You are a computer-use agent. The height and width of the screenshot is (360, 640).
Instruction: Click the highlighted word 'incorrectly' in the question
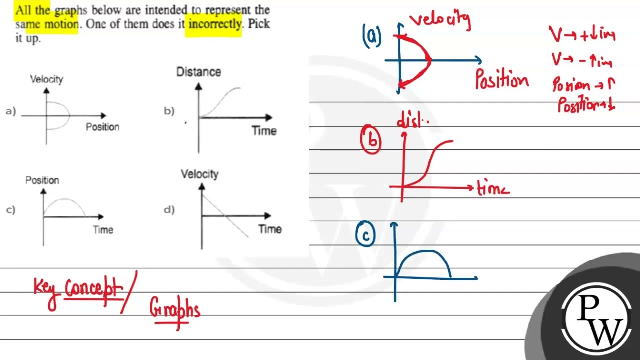point(213,24)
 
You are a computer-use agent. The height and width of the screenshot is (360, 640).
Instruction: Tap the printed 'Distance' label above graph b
point(198,72)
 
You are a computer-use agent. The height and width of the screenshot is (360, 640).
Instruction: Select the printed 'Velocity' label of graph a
point(46,79)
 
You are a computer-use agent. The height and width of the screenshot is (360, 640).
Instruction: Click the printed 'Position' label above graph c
point(42,180)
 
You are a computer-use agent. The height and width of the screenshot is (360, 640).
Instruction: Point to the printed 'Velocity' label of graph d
point(199,174)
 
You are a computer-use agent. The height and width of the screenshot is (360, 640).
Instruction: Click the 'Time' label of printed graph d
point(270,229)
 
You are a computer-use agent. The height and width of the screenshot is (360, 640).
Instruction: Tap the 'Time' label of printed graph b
point(264,131)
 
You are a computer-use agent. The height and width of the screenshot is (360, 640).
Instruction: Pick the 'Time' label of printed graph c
point(103,230)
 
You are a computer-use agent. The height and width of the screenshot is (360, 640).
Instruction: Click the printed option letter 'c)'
point(11,210)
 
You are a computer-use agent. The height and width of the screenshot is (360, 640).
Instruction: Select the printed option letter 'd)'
point(169,210)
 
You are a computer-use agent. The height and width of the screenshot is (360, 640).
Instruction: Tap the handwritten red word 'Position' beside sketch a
point(501,80)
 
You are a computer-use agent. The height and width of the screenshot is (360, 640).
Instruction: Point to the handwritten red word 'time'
point(493,189)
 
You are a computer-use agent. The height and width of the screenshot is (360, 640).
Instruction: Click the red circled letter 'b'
point(372,140)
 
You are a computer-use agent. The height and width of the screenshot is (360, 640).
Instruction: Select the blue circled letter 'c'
point(365,234)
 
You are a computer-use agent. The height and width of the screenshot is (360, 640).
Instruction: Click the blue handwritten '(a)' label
point(372,37)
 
